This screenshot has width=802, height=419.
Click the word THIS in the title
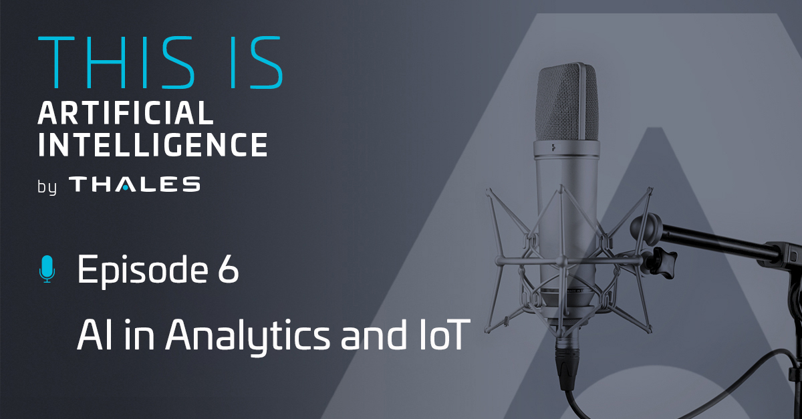tap(116, 62)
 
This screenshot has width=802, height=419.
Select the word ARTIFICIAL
tap(126, 112)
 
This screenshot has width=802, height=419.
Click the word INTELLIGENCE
tap(153, 144)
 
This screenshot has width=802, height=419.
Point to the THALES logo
tap(134, 184)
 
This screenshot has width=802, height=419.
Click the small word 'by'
tap(47, 186)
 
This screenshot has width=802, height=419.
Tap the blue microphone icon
tap(47, 269)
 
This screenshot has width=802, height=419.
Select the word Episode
tap(142, 271)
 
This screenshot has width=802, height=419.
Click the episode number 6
tap(228, 269)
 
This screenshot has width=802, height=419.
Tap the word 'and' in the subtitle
tap(374, 335)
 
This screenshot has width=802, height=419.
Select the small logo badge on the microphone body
tap(554, 147)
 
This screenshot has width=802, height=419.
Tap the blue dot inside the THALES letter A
tap(125, 186)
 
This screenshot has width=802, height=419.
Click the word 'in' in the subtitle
tap(139, 335)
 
